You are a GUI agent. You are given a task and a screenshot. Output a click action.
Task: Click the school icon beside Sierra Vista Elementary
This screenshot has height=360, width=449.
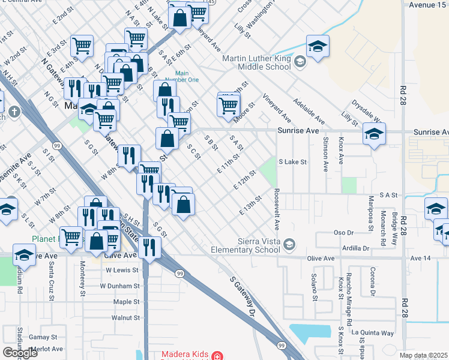[289, 244]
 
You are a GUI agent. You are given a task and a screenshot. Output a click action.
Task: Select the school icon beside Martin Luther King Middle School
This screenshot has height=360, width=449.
[299, 59]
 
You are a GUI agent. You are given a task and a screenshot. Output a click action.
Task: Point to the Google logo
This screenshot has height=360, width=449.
[20, 353]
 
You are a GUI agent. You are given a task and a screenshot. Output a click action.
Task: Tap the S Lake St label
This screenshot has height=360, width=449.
[292, 162]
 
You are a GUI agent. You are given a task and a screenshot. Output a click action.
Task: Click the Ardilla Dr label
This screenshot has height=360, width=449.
[338, 247]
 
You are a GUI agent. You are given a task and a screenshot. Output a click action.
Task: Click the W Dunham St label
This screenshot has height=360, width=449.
[119, 286]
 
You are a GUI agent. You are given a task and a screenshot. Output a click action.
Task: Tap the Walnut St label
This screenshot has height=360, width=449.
[125, 317]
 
